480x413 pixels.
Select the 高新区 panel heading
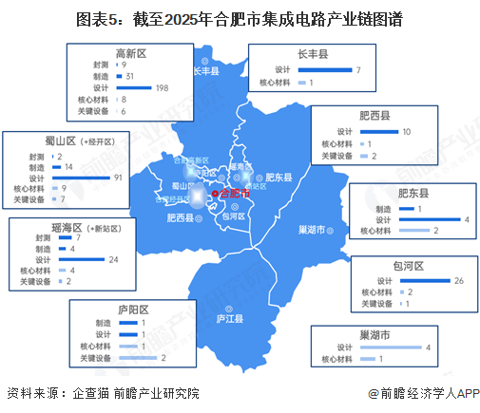click(132, 52)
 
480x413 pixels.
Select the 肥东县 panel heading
click(412, 194)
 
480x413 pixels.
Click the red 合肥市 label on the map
click(234, 193)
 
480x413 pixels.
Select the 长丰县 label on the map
click(206, 71)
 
